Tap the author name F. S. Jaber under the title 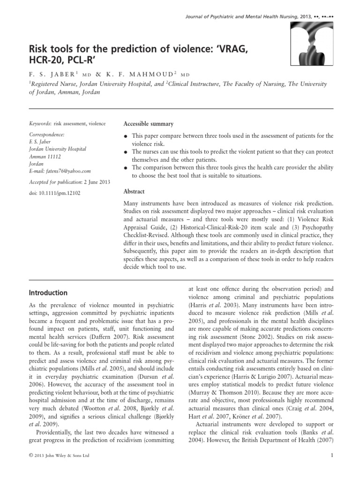[x=50, y=73]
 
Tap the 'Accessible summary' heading [x=148, y=124]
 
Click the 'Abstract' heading [x=134, y=191]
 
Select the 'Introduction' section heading [x=48, y=293]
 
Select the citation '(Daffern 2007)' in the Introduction [x=114, y=336]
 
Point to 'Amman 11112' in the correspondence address [x=45, y=157]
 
